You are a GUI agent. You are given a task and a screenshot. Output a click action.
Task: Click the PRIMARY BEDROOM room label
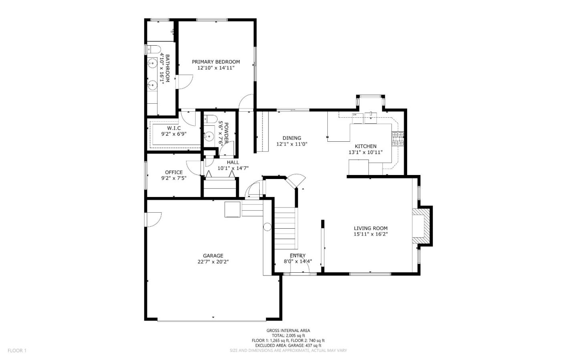coord(216,62)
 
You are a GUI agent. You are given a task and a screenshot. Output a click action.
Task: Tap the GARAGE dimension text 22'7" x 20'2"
coord(213,262)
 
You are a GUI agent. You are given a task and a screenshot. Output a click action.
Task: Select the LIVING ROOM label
coord(370,228)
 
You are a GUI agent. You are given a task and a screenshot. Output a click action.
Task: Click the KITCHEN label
coord(365,146)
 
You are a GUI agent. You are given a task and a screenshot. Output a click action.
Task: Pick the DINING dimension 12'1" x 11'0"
coord(292,144)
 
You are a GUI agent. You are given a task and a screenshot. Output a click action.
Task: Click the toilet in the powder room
coord(210,119)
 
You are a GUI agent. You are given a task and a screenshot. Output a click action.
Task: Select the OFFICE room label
coord(174,172)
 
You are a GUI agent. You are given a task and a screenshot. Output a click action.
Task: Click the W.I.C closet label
coord(174,128)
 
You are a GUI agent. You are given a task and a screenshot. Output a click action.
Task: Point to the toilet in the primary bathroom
coord(150,49)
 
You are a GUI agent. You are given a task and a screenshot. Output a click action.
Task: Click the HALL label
coord(233,162)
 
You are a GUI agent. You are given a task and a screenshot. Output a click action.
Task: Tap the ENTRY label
coord(298,255)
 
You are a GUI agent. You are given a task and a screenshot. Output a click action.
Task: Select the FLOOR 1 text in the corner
coord(17,350)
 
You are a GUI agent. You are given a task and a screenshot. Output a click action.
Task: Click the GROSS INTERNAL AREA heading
coord(288,330)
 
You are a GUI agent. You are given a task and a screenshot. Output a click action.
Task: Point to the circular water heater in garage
coord(267,227)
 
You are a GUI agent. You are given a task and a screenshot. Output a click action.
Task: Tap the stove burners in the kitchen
coord(398,138)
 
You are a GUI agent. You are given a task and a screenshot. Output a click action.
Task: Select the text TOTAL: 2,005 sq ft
coord(288,336)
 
